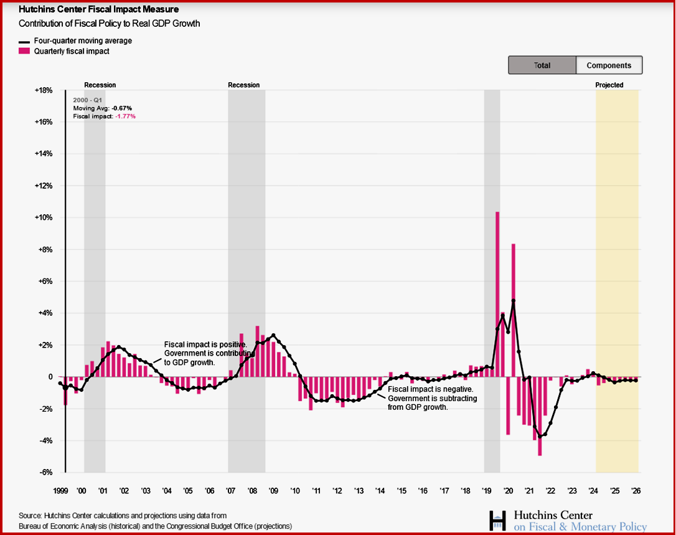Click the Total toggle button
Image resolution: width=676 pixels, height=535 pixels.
542,65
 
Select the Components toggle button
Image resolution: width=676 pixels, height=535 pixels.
609,65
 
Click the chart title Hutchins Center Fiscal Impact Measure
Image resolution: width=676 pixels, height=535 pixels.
99,10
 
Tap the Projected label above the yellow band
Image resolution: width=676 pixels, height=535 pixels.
609,85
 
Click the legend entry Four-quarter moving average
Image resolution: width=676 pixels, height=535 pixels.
78,40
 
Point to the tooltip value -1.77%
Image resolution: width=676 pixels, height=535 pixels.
126,116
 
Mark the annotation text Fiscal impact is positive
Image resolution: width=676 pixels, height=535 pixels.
205,344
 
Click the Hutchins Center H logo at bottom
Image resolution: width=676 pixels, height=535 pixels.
497,521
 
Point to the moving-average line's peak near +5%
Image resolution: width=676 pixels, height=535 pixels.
514,301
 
